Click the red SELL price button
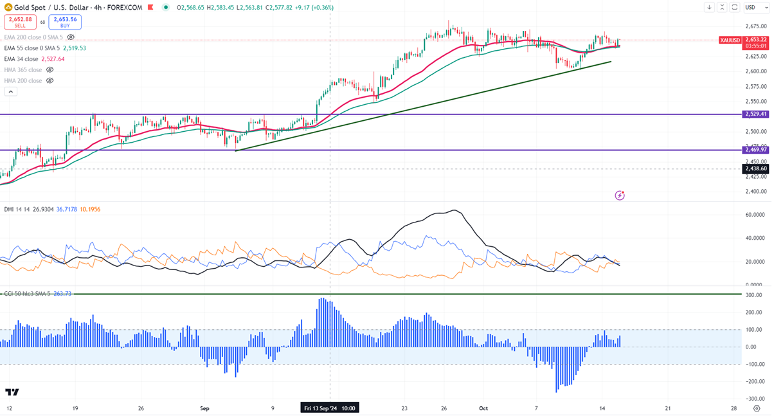click(x=19, y=22)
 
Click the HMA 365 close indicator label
click(x=23, y=69)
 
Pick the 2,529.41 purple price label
click(x=755, y=114)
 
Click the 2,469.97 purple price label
click(x=755, y=150)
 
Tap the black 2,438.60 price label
click(x=755, y=168)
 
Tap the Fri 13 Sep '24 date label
click(x=330, y=408)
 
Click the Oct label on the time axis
click(x=483, y=408)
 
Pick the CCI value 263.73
click(x=63, y=293)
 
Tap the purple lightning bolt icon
click(x=620, y=195)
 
